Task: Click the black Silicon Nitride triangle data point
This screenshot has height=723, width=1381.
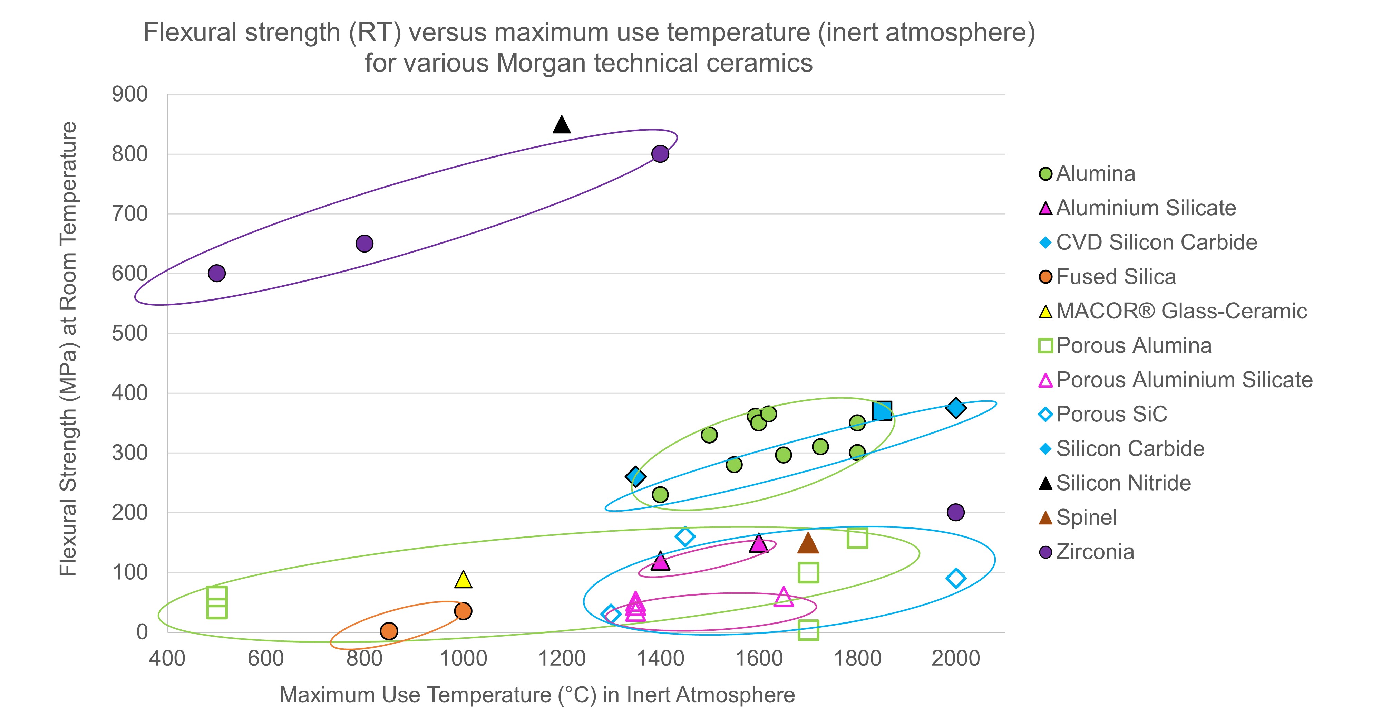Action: pos(561,125)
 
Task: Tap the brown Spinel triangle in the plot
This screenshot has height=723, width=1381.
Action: pos(808,543)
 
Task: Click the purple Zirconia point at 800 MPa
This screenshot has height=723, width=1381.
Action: pos(660,154)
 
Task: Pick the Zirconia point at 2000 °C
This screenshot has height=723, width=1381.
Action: pos(955,512)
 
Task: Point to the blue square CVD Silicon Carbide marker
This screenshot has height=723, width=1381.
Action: pos(882,411)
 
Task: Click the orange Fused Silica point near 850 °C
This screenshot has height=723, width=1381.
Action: pos(389,631)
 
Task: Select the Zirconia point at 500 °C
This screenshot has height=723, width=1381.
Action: pos(216,273)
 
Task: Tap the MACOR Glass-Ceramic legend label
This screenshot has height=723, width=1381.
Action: pos(1181,311)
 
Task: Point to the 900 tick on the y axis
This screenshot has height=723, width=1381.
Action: pos(130,94)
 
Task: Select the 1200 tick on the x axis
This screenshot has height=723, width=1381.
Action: pos(561,658)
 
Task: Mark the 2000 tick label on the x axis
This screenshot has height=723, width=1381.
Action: pos(955,658)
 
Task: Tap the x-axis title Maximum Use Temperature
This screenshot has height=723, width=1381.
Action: pos(537,695)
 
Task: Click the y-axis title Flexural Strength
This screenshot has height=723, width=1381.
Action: pos(68,349)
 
